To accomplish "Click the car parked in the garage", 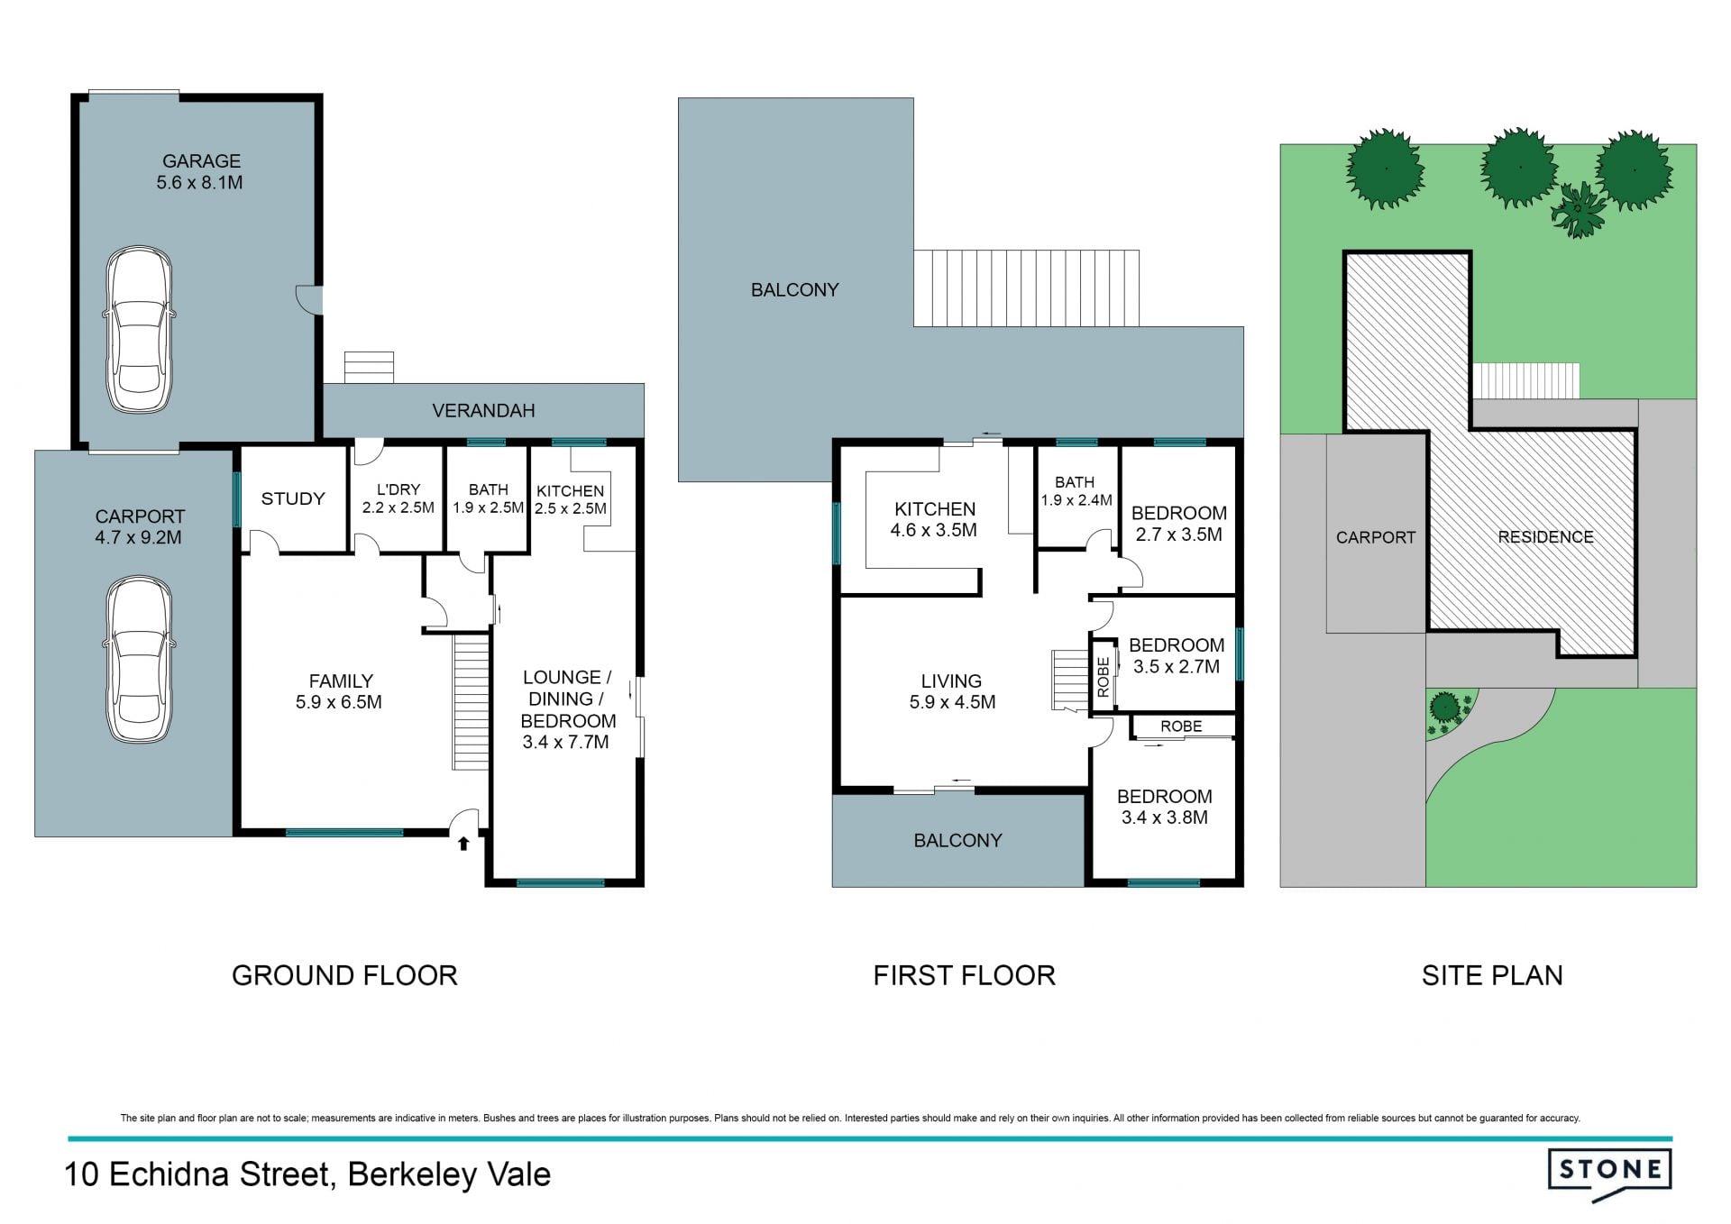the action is [x=139, y=330].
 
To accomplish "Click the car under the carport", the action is [x=139, y=660].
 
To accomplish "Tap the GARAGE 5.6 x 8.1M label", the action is [x=201, y=171].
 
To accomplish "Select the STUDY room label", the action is [x=293, y=498].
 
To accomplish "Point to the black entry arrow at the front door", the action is [x=463, y=844].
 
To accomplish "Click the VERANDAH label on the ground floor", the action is [x=483, y=411].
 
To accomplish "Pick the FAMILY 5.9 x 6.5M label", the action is [x=340, y=691].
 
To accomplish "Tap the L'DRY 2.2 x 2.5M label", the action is [x=398, y=498].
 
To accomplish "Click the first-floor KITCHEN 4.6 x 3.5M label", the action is [x=934, y=519].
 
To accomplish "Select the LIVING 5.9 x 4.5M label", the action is [x=952, y=691].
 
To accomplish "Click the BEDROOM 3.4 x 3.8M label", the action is [x=1165, y=807].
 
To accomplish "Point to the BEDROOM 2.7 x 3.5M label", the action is [x=1179, y=524].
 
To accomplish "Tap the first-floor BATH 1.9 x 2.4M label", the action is [x=1076, y=491].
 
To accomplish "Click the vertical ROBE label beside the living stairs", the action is [x=1103, y=678].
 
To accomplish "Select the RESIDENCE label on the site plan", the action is [x=1546, y=537].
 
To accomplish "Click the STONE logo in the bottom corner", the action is [x=1609, y=1174].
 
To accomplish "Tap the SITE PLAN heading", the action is [x=1492, y=975].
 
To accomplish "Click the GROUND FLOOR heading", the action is [x=344, y=975].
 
